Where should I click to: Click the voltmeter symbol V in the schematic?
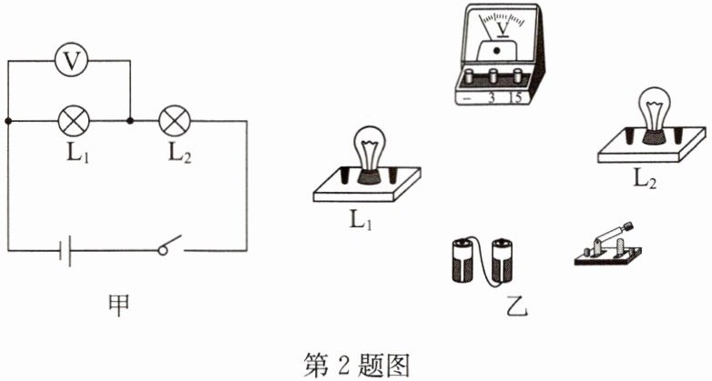point(69,61)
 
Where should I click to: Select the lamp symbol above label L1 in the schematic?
point(72,120)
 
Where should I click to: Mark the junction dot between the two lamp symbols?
point(131,120)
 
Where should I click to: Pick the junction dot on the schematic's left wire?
point(8,120)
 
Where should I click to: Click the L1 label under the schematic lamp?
point(74,152)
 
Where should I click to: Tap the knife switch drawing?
point(605,245)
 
